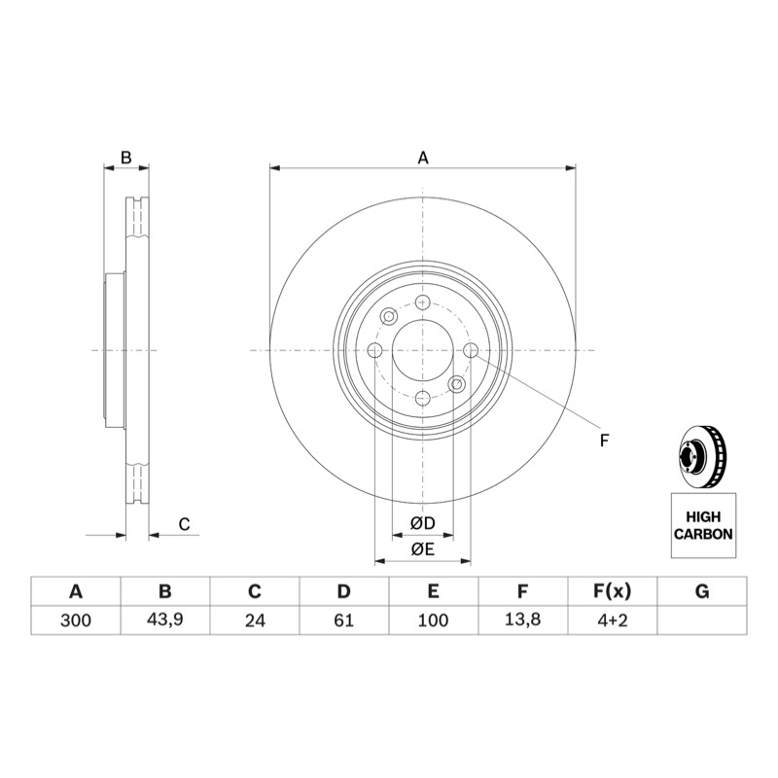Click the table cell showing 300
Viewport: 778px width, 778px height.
pos(76,620)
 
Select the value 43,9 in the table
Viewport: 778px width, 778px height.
pos(164,620)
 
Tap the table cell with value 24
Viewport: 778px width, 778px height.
pos(255,620)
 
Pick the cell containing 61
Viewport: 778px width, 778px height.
pos(344,620)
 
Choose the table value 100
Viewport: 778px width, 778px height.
pos(433,620)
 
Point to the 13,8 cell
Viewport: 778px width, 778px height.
pos(523,620)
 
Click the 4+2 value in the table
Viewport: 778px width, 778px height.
pos(613,620)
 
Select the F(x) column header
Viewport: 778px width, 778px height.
pos(613,591)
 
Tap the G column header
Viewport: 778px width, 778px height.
pos(702,591)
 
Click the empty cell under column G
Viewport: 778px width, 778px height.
pos(702,620)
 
